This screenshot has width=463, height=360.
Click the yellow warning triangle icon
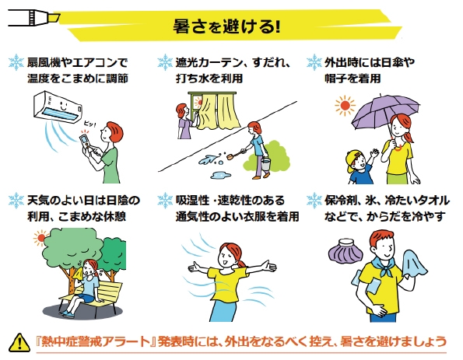19,343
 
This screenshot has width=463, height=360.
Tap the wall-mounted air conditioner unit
58,107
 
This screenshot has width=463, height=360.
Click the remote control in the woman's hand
86,142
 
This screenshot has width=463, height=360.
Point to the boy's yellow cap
354,160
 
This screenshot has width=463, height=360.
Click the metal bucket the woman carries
266,164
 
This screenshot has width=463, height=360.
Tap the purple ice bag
346,251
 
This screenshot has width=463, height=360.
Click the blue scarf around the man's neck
384,266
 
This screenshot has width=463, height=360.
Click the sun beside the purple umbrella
345,105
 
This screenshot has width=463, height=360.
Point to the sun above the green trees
40,238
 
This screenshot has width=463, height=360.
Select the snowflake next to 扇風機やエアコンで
16,62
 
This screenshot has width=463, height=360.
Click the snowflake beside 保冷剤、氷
314,201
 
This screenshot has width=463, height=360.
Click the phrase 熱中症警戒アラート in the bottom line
96,342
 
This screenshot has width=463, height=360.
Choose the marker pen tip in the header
55,18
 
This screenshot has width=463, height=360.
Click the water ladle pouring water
235,154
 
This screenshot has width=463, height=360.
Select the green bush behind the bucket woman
267,156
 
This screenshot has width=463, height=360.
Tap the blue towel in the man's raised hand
415,264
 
